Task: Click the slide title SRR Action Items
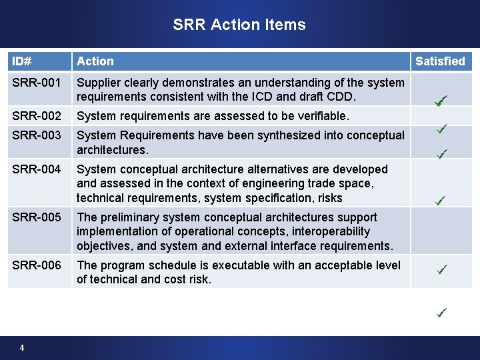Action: tap(239, 25)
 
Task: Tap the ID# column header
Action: tap(21, 61)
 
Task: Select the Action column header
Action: tap(95, 61)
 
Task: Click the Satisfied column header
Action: tap(440, 61)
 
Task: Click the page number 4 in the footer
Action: tap(23, 347)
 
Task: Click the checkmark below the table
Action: tap(441, 311)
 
